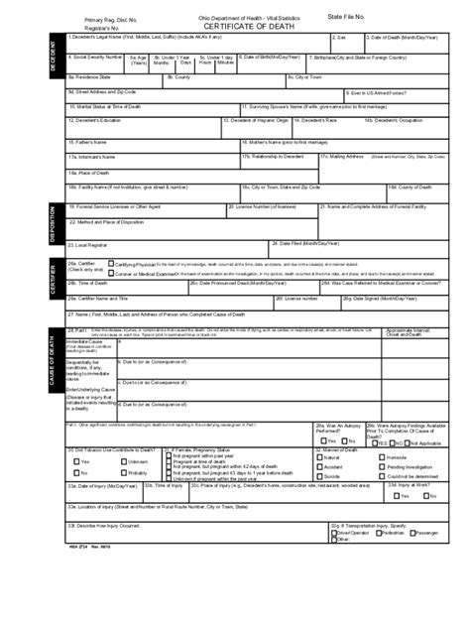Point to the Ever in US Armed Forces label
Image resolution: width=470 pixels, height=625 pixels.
(377, 91)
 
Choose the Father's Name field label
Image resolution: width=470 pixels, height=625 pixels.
(86, 141)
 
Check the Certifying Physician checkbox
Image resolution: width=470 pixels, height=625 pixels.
(111, 265)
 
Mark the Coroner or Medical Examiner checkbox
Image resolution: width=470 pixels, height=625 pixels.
(111, 274)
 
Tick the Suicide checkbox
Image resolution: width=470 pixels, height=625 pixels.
(320, 475)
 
